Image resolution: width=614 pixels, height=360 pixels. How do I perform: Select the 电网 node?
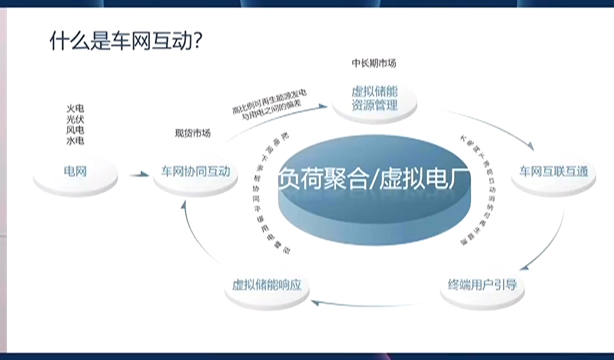click(75, 171)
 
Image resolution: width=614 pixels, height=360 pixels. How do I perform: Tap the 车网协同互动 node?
click(196, 171)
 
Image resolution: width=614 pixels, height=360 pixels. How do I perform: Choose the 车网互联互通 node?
click(553, 171)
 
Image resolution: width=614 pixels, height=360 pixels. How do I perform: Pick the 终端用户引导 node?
click(482, 286)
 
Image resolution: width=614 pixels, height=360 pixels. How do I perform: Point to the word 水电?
click(75, 141)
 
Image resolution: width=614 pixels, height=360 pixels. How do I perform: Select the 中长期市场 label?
click(374, 63)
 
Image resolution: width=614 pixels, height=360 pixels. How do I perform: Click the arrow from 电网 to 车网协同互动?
click(139, 175)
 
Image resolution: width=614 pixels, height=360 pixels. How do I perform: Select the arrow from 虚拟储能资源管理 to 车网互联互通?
click(496, 127)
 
